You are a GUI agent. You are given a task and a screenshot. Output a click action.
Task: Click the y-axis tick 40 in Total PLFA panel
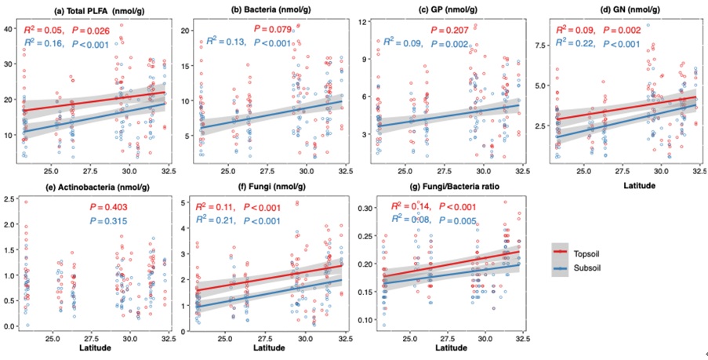click(x=9, y=28)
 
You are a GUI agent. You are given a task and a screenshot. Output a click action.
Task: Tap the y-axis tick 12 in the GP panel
click(x=362, y=20)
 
